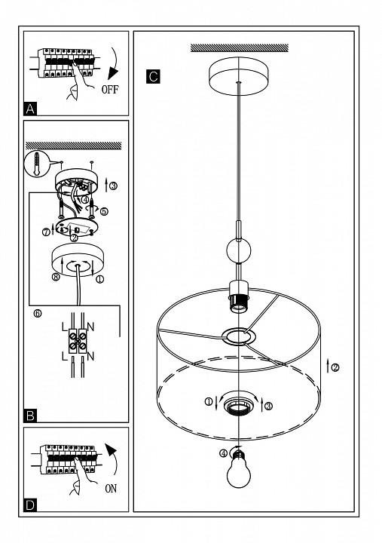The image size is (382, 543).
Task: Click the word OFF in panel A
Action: (110, 90)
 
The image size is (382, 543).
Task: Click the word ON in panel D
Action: (111, 489)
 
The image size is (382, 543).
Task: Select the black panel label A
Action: (30, 109)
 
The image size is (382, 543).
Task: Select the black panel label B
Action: (30, 416)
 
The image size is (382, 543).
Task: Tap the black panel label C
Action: (153, 76)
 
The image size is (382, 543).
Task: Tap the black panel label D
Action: (30, 505)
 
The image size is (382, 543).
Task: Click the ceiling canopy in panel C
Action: (239, 76)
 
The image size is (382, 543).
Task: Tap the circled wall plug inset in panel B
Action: (37, 164)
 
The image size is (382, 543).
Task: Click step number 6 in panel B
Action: (38, 314)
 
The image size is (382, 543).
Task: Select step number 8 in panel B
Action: (56, 277)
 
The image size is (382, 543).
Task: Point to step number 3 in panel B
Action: (113, 186)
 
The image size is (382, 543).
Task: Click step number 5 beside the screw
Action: (104, 211)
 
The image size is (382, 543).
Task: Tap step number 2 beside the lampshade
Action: (335, 367)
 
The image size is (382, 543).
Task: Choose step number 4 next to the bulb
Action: (224, 453)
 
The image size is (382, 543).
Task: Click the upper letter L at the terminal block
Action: (64, 327)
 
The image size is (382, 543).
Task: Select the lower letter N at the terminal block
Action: (90, 356)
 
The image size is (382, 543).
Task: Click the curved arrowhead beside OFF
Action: (112, 73)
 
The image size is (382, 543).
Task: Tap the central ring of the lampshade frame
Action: (239, 336)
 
